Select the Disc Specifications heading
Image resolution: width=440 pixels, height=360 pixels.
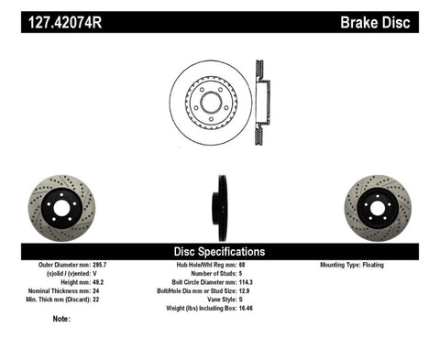pos(220,251)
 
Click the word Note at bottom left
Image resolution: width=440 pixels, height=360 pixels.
pos(61,319)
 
